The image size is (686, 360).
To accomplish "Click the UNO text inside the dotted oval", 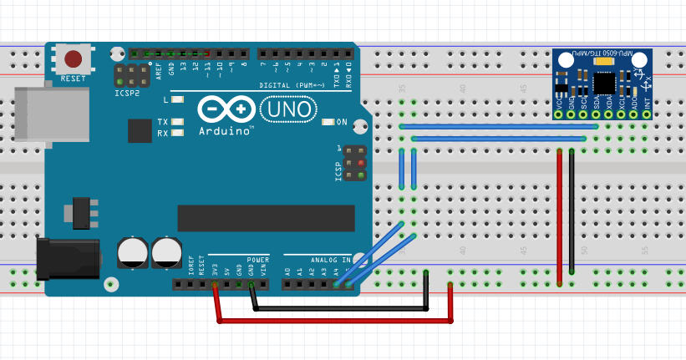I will tap(289, 109).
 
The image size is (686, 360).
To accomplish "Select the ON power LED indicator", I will tap(328, 122).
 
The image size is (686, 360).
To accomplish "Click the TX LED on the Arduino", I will tap(176, 122).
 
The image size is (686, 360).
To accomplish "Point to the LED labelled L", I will tap(176, 99).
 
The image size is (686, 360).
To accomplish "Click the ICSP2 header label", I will tap(128, 94).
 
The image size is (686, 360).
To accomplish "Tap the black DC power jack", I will tap(69, 259).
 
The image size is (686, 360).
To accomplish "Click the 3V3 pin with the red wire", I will tap(216, 285).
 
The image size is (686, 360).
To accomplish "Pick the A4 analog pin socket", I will tap(337, 285).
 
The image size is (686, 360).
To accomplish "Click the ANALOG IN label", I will tap(331, 260).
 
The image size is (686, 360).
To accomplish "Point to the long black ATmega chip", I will tap(266, 218).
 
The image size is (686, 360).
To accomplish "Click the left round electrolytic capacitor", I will tap(133, 253).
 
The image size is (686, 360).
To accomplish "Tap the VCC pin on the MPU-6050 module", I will tap(559, 114).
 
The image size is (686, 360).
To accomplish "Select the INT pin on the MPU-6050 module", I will tap(646, 114).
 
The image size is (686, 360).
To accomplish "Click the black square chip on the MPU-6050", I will tap(604, 83).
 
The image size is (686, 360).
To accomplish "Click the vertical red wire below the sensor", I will tap(559, 217).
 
